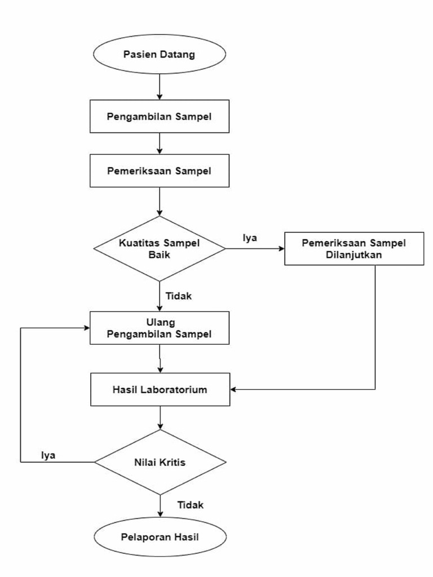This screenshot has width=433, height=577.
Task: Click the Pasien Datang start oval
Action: click(160, 55)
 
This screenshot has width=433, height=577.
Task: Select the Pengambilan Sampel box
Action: click(160, 117)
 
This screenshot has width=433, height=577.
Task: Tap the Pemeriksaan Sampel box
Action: click(160, 171)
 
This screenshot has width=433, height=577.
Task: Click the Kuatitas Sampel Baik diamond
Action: click(160, 248)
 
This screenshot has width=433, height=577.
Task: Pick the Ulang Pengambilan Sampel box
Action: click(160, 328)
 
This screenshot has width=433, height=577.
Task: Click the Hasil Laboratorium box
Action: click(160, 389)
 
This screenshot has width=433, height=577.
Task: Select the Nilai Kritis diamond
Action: click(160, 462)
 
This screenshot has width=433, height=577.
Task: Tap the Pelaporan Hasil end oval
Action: click(160, 536)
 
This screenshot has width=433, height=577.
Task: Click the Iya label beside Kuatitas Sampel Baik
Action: click(250, 238)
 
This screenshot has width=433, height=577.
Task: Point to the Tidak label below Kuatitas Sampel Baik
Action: click(178, 295)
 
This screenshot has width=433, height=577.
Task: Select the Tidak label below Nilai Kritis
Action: click(190, 504)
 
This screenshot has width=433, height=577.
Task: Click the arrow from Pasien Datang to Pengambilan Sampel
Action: click(160, 87)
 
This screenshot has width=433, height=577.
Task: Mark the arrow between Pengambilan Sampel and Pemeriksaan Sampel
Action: click(160, 143)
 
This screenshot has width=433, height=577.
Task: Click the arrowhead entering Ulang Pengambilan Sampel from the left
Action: click(86, 328)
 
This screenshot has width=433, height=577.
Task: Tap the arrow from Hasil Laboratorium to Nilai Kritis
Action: click(160, 418)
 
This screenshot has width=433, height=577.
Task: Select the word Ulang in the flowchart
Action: click(160, 322)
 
